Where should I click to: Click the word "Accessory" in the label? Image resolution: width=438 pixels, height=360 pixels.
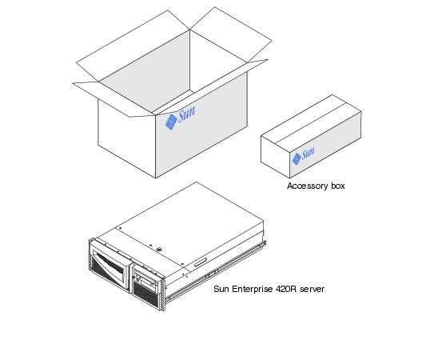[x=308, y=186]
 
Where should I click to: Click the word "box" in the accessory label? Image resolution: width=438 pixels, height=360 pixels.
[x=338, y=186]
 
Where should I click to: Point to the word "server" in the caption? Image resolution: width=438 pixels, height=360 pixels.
[x=313, y=290]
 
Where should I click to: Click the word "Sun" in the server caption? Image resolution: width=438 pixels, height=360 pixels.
[x=221, y=289]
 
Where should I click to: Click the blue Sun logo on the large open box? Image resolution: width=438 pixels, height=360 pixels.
[x=180, y=118]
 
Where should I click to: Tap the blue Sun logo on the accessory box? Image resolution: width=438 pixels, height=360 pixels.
[x=303, y=155]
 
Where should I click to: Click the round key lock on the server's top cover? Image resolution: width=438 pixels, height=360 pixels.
[x=160, y=249]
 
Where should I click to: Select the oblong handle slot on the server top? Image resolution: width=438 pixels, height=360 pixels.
[x=200, y=262]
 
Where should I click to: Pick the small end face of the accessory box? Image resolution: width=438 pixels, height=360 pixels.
[x=275, y=157]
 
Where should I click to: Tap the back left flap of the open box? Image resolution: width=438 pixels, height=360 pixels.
[x=133, y=46]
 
